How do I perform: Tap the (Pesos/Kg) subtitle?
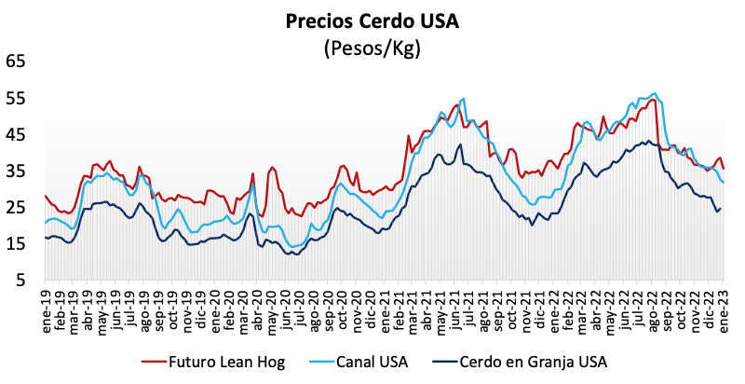372,48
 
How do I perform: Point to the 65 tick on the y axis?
16,62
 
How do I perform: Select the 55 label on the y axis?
16,98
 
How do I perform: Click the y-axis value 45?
16,134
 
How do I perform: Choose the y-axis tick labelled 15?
16,243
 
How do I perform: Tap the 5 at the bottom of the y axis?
20,280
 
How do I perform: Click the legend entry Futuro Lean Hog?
220,361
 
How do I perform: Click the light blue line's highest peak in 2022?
656,93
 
